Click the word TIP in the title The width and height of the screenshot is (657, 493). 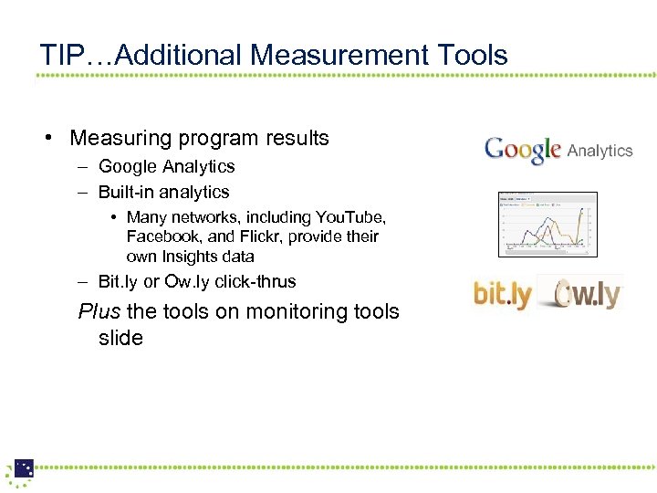point(59,55)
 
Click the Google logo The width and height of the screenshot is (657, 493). point(522,151)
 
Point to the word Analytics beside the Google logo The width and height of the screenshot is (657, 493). point(600,151)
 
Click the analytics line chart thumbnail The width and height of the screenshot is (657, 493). point(547,224)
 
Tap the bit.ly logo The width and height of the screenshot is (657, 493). point(502,294)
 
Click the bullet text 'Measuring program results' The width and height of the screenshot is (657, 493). point(199,138)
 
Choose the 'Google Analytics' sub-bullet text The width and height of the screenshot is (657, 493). point(166,166)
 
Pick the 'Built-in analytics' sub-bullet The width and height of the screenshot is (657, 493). point(163,192)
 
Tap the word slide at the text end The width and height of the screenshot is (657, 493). point(120,338)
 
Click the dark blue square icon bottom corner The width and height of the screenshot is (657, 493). point(24,467)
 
